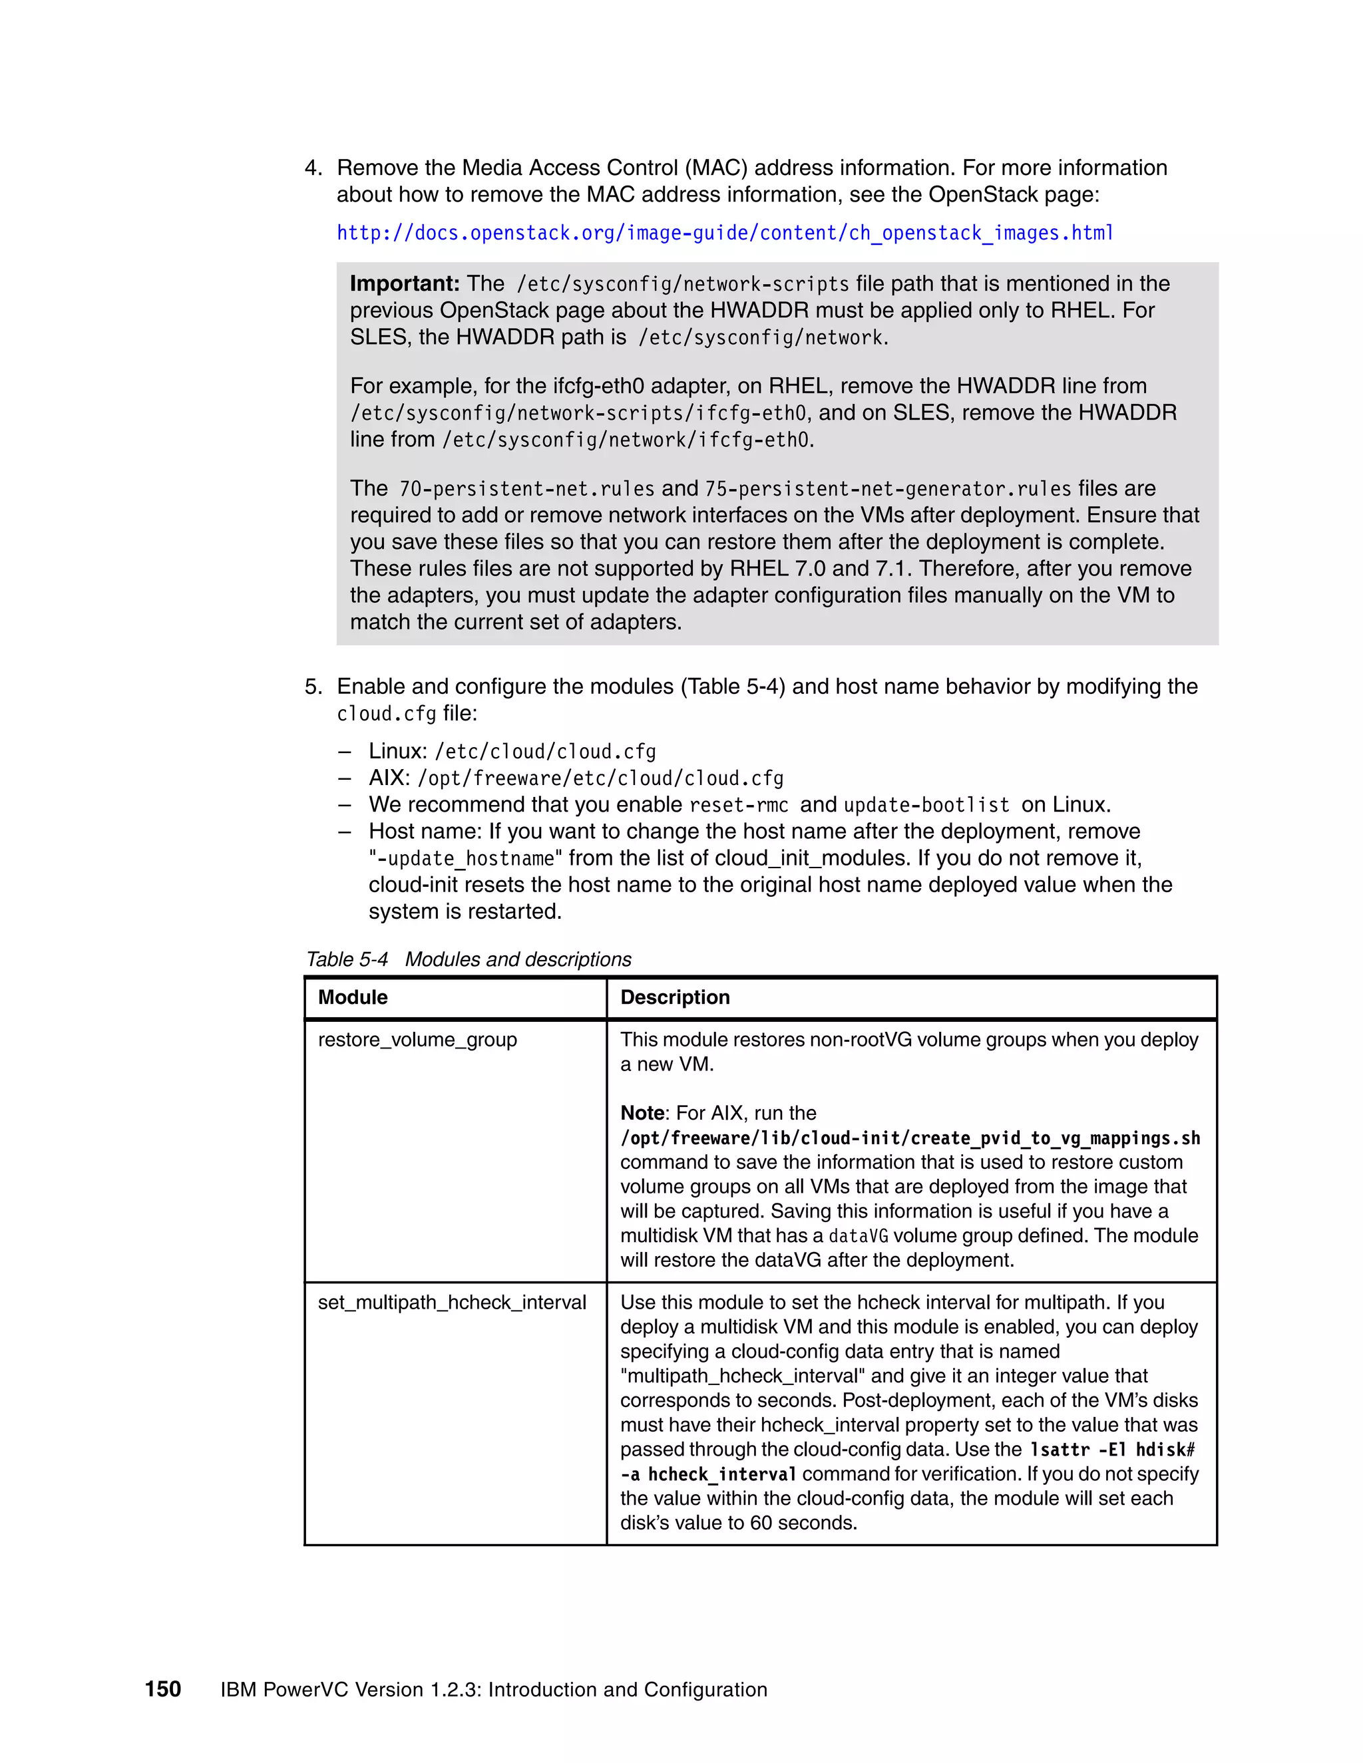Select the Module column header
point(353,997)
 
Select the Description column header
point(674,997)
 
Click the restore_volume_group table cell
point(417,1040)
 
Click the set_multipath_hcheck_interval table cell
point(451,1302)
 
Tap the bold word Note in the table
point(642,1112)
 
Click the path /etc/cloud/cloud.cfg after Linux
point(545,752)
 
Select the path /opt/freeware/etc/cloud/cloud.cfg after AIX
point(600,778)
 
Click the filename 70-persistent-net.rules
point(526,489)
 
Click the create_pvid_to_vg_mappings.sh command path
point(909,1138)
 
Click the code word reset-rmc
point(738,805)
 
